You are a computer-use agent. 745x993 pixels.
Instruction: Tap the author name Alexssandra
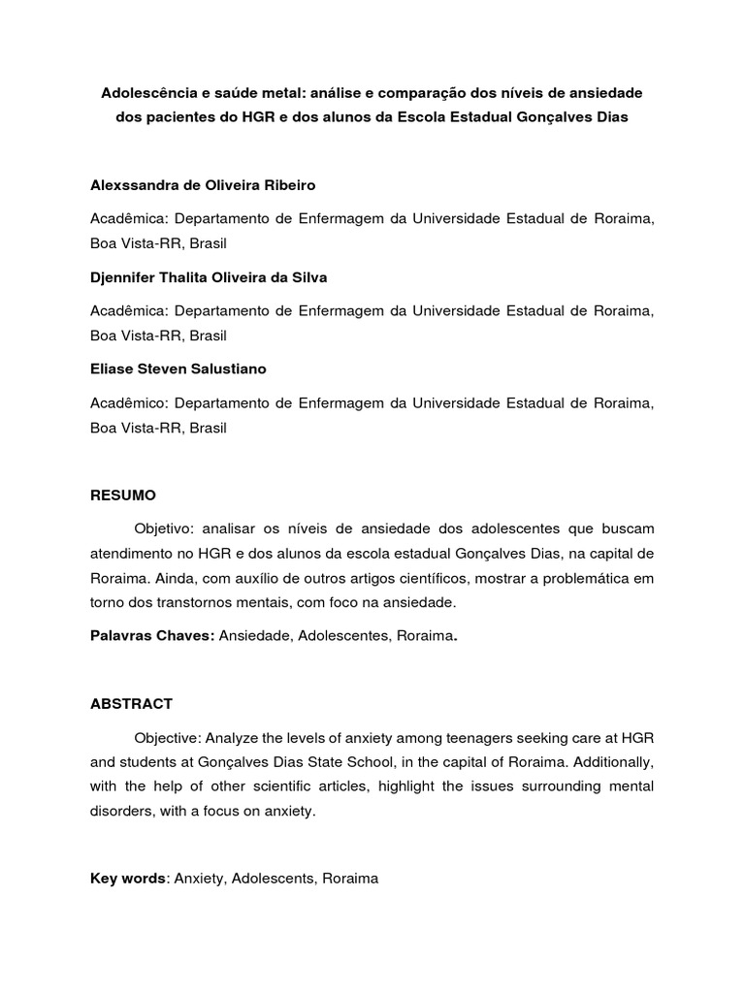tap(130, 184)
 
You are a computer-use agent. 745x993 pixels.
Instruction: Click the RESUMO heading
tap(122, 495)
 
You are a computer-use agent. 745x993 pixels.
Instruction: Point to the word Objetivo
tap(165, 529)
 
